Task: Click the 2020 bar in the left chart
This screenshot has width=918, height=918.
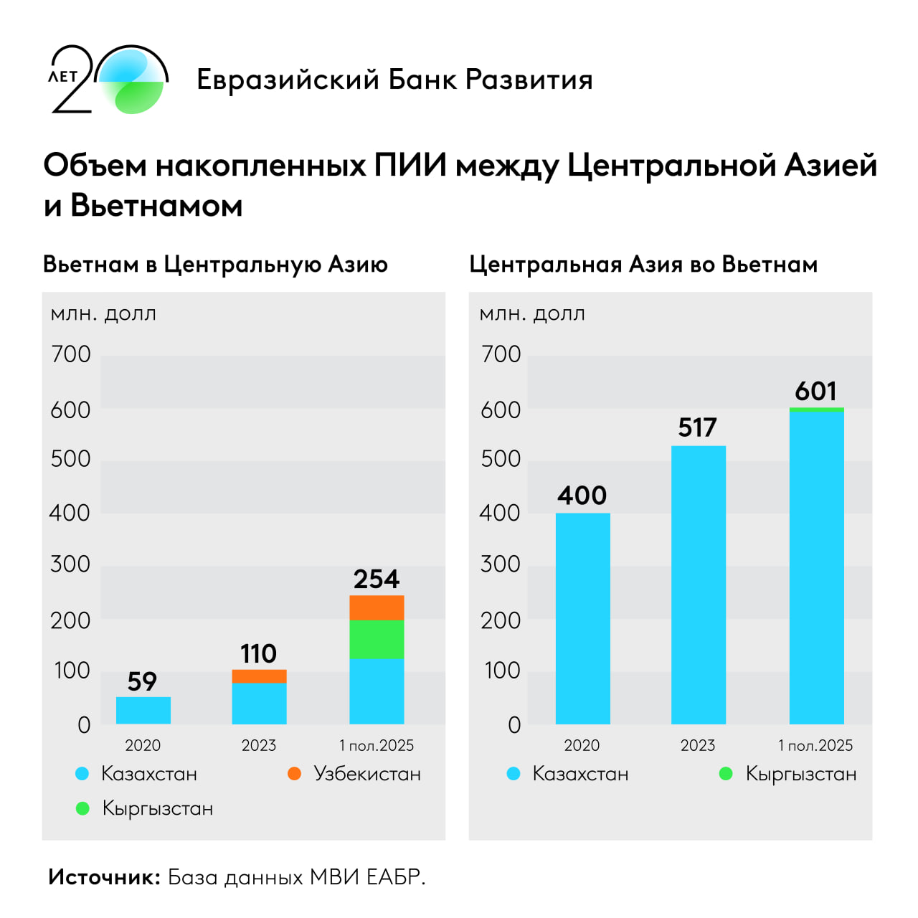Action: pos(143,710)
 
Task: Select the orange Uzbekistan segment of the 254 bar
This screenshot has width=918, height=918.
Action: pos(377,607)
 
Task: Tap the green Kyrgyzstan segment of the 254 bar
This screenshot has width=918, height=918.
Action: pos(377,639)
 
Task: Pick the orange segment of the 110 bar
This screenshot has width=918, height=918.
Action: pos(259,676)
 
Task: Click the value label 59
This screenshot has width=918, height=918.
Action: pos(142,681)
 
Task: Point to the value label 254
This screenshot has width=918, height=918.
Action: pos(377,579)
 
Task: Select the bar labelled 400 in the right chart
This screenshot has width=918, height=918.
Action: pos(582,618)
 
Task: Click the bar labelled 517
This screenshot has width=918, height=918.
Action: pos(699,585)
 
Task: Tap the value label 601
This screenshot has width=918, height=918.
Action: pos(816,392)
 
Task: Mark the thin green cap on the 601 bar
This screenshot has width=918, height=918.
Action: pos(816,410)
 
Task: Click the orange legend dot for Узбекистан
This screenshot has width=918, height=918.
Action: pos(294,773)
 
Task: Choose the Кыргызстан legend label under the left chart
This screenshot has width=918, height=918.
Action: pos(158,808)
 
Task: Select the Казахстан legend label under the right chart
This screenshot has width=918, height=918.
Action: pos(580,774)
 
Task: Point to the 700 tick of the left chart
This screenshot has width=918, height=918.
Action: pos(71,354)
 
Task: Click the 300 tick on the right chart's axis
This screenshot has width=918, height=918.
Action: pos(501,564)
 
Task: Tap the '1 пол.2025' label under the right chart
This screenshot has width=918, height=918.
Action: pos(815,745)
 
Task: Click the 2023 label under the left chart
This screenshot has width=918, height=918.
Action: pos(259,745)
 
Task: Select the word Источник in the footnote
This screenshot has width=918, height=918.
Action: pos(104,876)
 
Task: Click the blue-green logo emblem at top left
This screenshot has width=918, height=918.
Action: pos(133,80)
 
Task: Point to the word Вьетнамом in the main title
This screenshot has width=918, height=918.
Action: pos(156,206)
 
